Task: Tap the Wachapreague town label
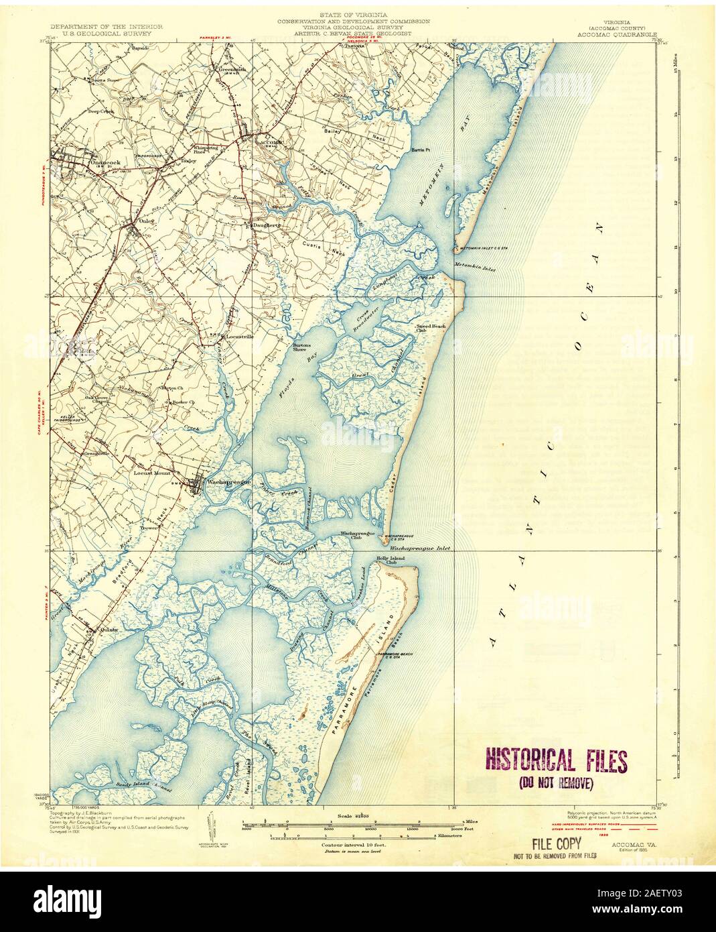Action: point(223,481)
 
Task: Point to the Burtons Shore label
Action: point(300,348)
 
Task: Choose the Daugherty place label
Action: point(265,226)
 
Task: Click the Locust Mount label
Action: point(153,473)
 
